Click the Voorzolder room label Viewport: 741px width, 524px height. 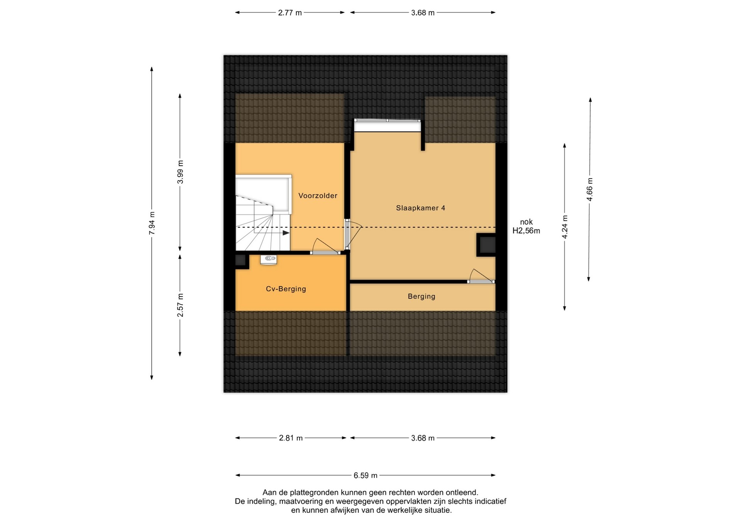click(318, 196)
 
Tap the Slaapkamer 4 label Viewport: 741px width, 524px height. click(420, 208)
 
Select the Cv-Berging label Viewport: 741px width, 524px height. click(286, 289)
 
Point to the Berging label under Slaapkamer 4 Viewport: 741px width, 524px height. click(421, 296)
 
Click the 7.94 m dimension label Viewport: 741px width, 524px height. click(152, 223)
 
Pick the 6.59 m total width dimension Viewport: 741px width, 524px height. click(365, 475)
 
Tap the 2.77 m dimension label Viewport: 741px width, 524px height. click(290, 13)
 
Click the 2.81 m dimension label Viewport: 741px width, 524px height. click(291, 438)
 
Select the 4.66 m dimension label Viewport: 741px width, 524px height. click(589, 189)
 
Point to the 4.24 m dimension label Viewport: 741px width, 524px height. click(565, 227)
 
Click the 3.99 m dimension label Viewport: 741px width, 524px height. click(180, 172)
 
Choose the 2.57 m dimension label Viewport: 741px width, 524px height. click(180, 305)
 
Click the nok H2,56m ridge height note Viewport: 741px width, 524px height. click(526, 227)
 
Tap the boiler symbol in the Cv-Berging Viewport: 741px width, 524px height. click(268, 259)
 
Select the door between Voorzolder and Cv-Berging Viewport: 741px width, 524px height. click(325, 247)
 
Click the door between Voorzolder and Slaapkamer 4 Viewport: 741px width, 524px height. click(352, 234)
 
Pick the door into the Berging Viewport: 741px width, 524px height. click(481, 276)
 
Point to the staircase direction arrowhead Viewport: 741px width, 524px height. click(286, 233)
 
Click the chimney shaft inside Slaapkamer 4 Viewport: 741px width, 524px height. click(486, 245)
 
